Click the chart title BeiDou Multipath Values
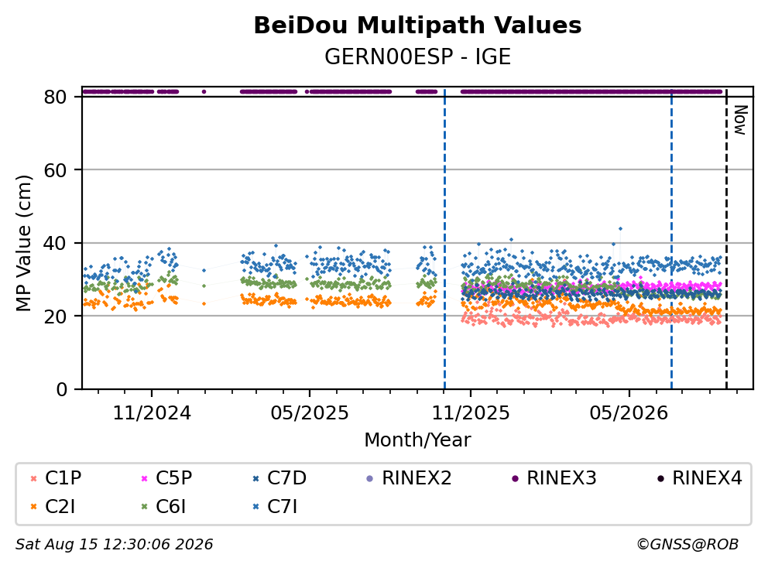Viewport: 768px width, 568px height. [417, 26]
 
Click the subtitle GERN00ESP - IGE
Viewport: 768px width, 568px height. [417, 56]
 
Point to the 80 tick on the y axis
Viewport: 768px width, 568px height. [55, 97]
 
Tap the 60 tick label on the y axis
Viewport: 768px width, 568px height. [55, 170]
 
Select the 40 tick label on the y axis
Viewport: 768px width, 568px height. [55, 243]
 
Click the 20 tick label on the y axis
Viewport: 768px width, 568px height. [55, 317]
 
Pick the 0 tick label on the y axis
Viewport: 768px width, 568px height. [62, 389]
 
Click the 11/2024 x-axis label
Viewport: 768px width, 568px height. [152, 413]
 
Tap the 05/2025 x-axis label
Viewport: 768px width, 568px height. [310, 413]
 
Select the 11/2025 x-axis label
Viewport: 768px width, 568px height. [471, 413]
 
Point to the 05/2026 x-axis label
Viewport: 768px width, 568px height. [629, 413]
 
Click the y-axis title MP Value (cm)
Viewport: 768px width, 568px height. [23, 243]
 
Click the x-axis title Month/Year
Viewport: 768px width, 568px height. [417, 440]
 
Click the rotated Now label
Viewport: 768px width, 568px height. [740, 120]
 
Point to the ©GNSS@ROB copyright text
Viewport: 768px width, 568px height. [687, 544]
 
